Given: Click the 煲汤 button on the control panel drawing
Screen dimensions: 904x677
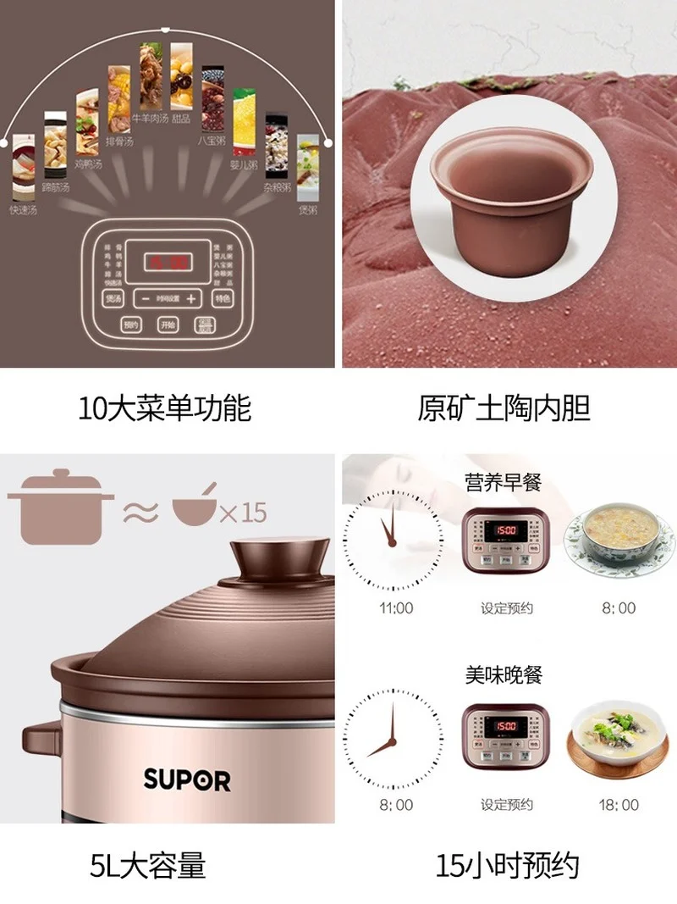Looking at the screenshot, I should [113, 298].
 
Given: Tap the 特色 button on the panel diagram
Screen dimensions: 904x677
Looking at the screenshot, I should [223, 298].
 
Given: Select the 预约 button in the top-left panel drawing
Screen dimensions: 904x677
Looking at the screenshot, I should [129, 325].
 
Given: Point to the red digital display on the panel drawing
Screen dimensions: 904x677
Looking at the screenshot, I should [167, 262].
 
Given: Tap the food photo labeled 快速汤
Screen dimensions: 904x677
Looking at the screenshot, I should [23, 174].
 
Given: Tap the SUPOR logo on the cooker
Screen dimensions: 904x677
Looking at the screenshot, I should [186, 779].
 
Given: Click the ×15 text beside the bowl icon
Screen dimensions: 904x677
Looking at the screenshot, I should [243, 513].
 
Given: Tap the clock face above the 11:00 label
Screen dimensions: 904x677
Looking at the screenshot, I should [393, 541].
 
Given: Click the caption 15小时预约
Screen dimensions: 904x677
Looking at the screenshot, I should [507, 865].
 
